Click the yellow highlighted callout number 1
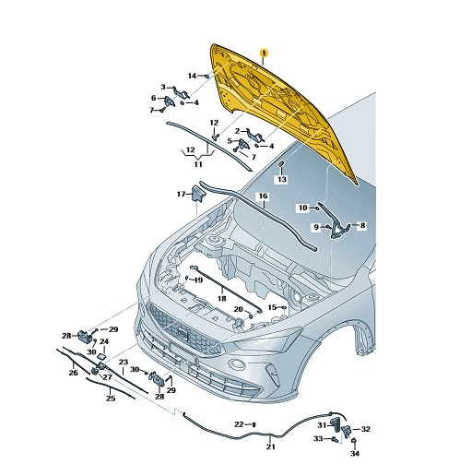(x=264, y=53)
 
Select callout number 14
(x=192, y=76)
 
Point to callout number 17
(x=181, y=194)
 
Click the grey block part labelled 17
(x=198, y=194)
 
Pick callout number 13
(x=282, y=179)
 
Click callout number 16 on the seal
(x=264, y=196)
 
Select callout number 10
(x=303, y=208)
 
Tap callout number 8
(x=362, y=225)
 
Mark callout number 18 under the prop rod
(x=222, y=298)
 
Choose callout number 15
(x=272, y=307)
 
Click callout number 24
(x=104, y=341)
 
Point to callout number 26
(x=73, y=373)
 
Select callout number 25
(x=111, y=399)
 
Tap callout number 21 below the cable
(x=270, y=446)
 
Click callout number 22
(x=239, y=424)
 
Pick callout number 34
(x=355, y=453)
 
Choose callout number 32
(x=365, y=429)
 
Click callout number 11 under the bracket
(x=198, y=164)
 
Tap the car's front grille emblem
(x=182, y=333)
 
